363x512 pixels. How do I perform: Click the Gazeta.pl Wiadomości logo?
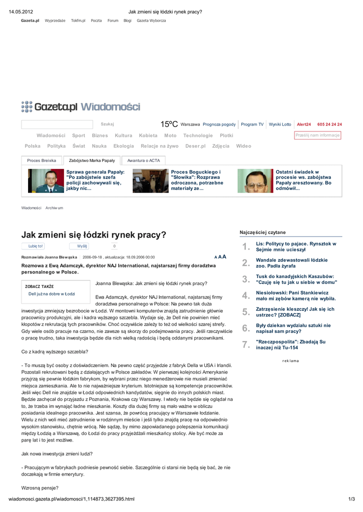(x=81, y=106)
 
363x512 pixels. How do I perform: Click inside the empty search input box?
(x=57, y=124)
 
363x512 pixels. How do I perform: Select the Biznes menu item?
(x=100, y=135)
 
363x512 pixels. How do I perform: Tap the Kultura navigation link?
(x=123, y=135)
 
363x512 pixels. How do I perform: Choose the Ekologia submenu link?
(x=124, y=146)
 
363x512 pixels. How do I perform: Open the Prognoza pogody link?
(x=219, y=124)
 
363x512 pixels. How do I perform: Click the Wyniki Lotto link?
(x=280, y=124)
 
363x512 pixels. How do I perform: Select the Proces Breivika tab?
(x=42, y=160)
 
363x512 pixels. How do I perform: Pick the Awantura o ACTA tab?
(x=143, y=160)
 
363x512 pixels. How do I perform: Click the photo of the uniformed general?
(x=43, y=181)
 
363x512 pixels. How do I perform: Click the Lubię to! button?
(x=36, y=246)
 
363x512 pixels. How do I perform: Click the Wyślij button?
(x=82, y=246)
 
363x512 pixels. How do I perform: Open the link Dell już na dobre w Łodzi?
(x=52, y=294)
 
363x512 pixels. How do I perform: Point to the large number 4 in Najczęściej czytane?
(x=245, y=295)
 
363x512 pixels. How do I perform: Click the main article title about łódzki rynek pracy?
(x=93, y=234)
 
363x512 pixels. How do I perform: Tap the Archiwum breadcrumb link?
(x=54, y=207)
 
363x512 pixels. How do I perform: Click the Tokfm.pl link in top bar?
(x=78, y=20)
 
